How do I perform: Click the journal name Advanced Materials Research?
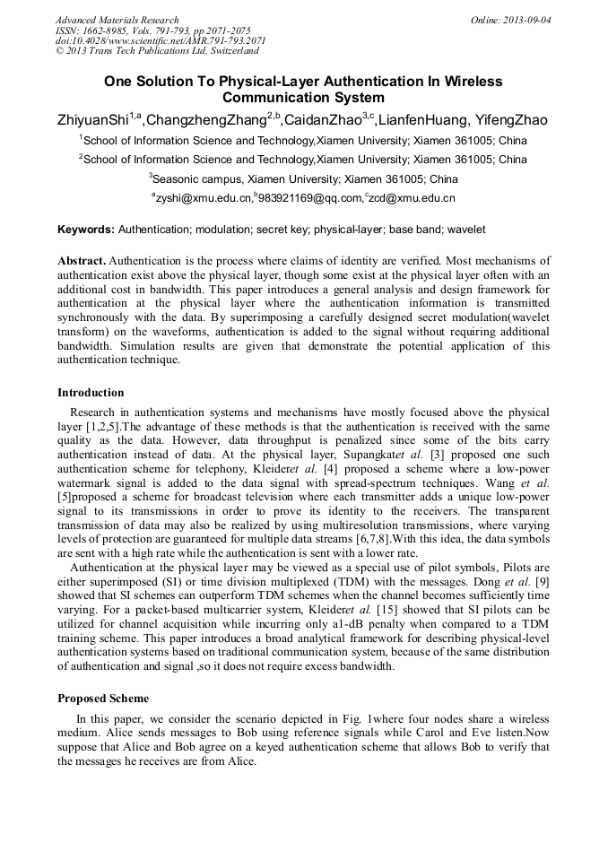pyautogui.click(x=117, y=20)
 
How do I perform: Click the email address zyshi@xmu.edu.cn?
pyautogui.click(x=203, y=198)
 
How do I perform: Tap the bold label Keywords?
pyautogui.click(x=86, y=230)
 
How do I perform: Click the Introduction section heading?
pyautogui.click(x=91, y=393)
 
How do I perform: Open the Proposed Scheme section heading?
pyautogui.click(x=102, y=698)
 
